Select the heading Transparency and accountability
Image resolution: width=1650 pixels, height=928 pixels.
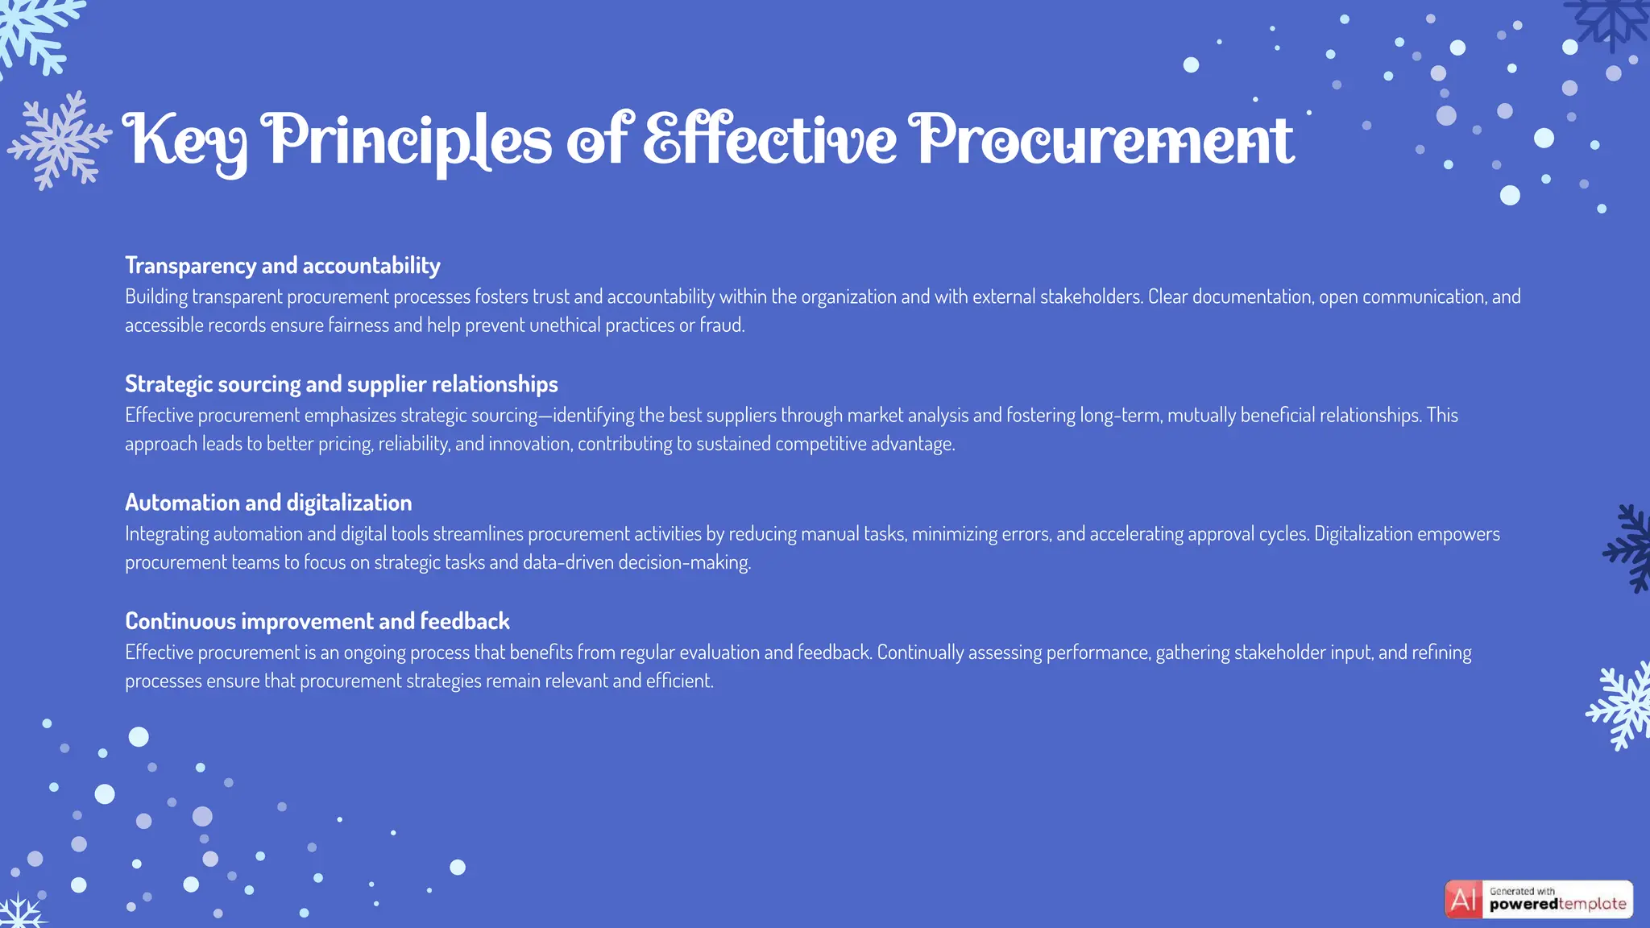[283, 265]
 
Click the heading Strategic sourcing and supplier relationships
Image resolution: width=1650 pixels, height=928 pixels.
[342, 383]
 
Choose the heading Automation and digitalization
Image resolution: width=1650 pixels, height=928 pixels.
[268, 503]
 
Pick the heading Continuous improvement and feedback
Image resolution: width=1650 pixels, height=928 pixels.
[317, 621]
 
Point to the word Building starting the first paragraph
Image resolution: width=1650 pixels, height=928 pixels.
[156, 296]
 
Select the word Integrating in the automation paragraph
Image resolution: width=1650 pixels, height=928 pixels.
[167, 533]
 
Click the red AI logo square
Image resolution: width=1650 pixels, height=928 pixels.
[1463, 899]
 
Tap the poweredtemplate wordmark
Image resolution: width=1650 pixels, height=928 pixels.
[1557, 905]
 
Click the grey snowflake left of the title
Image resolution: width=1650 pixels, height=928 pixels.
[58, 140]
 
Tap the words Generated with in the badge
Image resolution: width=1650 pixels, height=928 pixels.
[1522, 891]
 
